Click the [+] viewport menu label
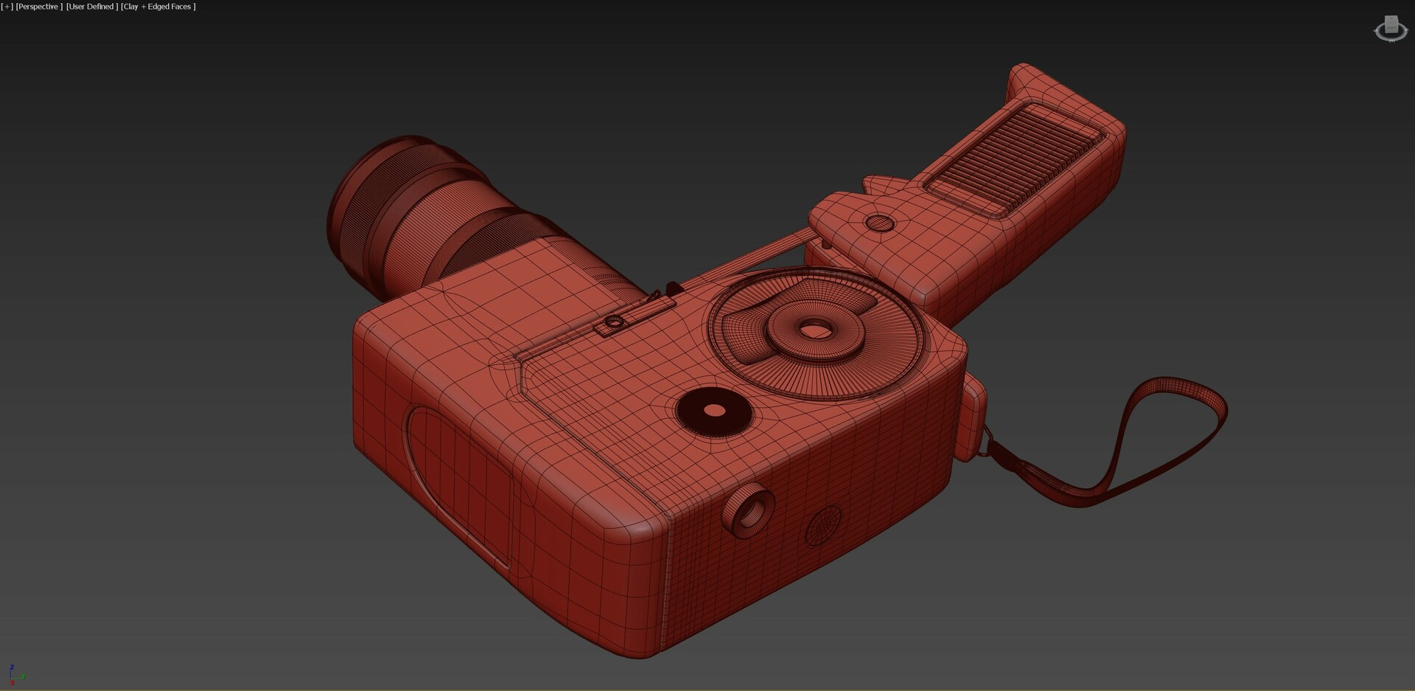tap(7, 7)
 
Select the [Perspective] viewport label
tap(39, 7)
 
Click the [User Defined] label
tap(91, 7)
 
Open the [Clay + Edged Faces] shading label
tap(158, 7)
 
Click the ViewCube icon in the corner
tap(1391, 29)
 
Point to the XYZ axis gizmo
tap(14, 674)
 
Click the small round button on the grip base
tap(878, 223)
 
